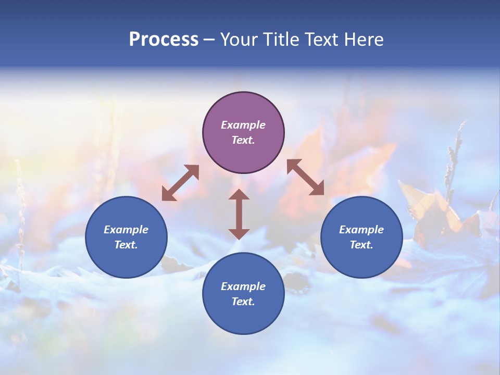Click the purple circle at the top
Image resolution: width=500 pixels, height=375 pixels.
[243, 132]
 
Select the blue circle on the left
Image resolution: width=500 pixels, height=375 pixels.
[126, 237]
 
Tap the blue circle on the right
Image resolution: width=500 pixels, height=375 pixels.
[361, 237]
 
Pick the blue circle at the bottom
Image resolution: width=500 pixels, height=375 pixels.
[243, 293]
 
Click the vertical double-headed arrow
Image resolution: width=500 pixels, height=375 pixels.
[239, 214]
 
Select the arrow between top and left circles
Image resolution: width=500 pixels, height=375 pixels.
[180, 183]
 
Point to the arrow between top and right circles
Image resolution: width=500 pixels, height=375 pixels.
[306, 177]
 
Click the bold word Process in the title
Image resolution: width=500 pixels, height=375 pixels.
[164, 40]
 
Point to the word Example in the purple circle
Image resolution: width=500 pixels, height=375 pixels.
[243, 125]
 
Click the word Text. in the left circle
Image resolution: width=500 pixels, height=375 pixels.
[126, 245]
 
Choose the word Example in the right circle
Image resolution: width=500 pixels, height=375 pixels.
[361, 230]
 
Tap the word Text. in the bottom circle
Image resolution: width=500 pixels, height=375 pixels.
[243, 302]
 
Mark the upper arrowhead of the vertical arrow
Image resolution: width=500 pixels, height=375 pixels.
[239, 195]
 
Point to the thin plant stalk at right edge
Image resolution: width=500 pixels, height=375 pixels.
[453, 156]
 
